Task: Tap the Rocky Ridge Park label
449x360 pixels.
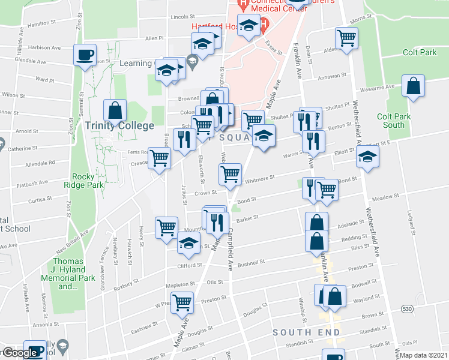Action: point(88,181)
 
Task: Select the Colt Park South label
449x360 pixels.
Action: point(393,121)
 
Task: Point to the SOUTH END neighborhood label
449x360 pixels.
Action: point(306,332)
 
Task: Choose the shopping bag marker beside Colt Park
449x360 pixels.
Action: point(414,86)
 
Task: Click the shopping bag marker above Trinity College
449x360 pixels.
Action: point(115,110)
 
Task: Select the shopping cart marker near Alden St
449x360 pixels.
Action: point(346,38)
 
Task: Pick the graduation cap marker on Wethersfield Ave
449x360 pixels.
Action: point(367,157)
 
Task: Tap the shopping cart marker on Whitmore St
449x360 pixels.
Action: point(231,174)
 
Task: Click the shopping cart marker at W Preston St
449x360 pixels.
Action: point(181,302)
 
